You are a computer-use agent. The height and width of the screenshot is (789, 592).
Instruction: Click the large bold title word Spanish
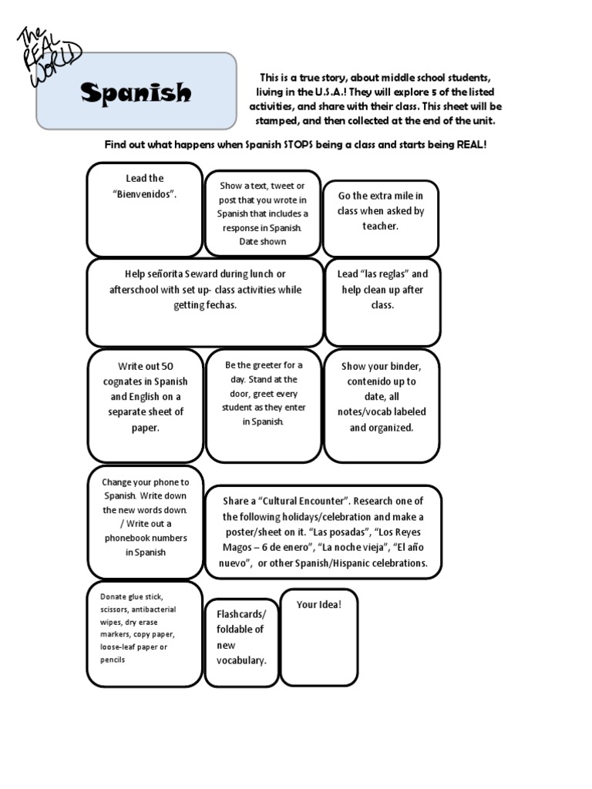[136, 93]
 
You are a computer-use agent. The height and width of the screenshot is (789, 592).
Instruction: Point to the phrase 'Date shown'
[262, 242]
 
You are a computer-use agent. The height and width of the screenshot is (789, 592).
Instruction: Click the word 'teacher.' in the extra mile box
[381, 227]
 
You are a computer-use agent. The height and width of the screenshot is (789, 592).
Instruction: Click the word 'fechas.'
[219, 305]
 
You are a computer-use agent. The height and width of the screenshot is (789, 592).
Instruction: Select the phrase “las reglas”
[383, 274]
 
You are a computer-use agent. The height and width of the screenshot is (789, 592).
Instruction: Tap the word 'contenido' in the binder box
[370, 381]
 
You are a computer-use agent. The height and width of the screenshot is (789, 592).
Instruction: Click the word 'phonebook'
[134, 538]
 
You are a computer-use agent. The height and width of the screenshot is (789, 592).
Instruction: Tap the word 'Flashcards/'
[240, 614]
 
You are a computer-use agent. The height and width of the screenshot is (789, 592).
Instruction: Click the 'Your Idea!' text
[318, 604]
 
